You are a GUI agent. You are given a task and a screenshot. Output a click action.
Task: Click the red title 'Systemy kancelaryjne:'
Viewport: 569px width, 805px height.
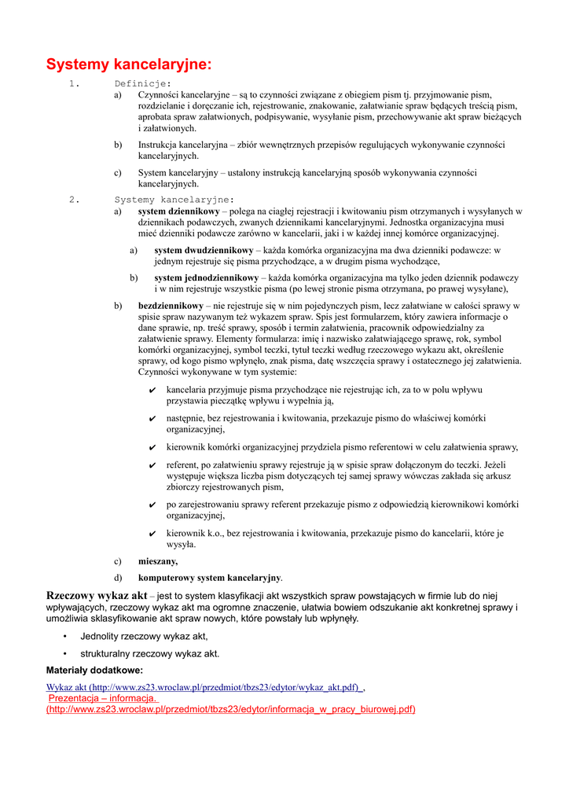point(129,64)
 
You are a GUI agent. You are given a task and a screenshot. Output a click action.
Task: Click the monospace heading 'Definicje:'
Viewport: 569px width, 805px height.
point(142,83)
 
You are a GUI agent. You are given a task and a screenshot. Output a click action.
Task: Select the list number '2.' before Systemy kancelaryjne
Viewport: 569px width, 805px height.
point(75,199)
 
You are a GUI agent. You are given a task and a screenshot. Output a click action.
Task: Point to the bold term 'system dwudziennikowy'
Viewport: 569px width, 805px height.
point(198,250)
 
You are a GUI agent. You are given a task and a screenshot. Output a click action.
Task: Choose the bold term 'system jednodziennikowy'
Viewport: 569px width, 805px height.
point(206,278)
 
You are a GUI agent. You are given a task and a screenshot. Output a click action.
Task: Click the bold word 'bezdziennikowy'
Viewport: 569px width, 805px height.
point(171,305)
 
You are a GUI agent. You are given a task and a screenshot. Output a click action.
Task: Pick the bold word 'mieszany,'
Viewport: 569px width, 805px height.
point(158,561)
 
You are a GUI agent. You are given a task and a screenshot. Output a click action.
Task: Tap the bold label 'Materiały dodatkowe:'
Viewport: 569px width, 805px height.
point(94,670)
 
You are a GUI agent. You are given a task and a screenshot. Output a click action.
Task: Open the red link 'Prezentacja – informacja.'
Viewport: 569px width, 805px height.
point(103,697)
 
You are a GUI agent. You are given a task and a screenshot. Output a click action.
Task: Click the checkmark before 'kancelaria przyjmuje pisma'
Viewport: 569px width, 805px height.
point(152,391)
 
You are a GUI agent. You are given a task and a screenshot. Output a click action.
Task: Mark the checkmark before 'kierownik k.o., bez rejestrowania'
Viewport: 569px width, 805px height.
point(152,534)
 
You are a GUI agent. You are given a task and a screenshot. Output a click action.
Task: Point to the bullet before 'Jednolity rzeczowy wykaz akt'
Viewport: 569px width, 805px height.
point(64,636)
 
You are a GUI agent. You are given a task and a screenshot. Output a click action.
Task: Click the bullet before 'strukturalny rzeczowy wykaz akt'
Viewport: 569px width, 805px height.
point(64,653)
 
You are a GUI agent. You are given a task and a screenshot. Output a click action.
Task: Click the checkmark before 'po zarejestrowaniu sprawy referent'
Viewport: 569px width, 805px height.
point(152,505)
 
